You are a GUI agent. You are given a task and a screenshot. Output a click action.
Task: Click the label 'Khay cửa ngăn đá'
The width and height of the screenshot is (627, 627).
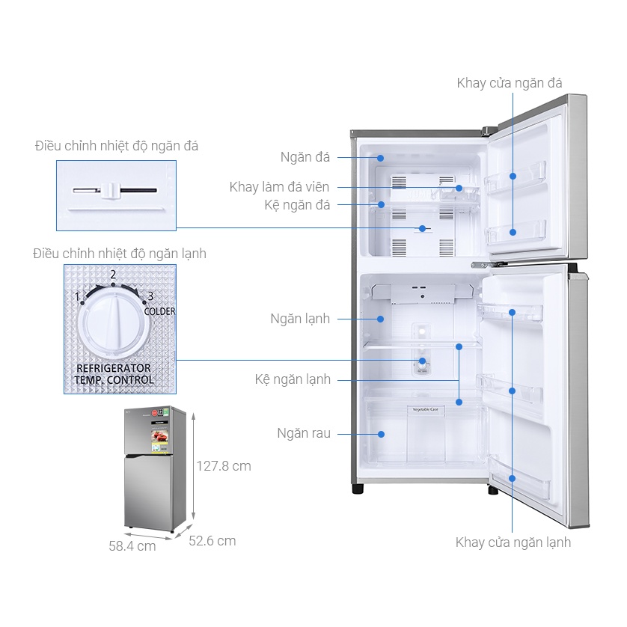pyautogui.click(x=509, y=83)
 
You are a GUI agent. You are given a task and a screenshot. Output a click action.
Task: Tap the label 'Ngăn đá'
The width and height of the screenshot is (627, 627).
pyautogui.click(x=305, y=157)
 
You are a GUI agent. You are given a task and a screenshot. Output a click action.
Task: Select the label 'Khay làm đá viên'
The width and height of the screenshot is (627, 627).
pyautogui.click(x=279, y=187)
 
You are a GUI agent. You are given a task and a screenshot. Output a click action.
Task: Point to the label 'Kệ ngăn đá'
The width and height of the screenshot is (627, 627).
pyautogui.click(x=297, y=204)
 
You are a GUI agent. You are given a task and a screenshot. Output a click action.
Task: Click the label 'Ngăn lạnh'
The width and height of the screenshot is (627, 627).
pyautogui.click(x=300, y=319)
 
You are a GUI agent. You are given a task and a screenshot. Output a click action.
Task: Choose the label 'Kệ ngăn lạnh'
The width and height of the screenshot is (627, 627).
pyautogui.click(x=293, y=379)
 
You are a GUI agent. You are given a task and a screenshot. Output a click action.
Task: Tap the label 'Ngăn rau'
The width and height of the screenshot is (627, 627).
pyautogui.click(x=304, y=433)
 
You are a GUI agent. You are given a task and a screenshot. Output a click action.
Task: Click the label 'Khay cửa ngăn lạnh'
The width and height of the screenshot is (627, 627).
pyautogui.click(x=513, y=542)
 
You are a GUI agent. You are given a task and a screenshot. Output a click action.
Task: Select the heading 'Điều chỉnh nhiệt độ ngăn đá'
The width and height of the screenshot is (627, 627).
pyautogui.click(x=117, y=146)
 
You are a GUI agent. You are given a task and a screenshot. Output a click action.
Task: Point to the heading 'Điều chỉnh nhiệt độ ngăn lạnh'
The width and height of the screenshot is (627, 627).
pyautogui.click(x=120, y=254)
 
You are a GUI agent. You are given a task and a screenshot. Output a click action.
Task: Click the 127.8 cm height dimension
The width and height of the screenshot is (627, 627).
pyautogui.click(x=224, y=466)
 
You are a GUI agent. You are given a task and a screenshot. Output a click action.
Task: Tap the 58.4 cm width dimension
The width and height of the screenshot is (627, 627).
pyautogui.click(x=132, y=546)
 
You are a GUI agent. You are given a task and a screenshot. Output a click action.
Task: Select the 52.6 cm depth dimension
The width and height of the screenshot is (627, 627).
pyautogui.click(x=212, y=540)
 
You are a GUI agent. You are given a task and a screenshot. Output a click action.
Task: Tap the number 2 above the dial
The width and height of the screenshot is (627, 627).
pyautogui.click(x=113, y=275)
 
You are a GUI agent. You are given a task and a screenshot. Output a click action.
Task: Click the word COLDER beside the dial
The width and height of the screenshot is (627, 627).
pyautogui.click(x=159, y=311)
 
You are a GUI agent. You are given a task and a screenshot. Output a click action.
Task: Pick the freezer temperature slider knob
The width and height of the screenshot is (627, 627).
pyautogui.click(x=111, y=190)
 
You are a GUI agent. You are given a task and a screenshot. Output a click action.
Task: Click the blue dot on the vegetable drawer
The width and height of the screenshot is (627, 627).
pyautogui.click(x=381, y=433)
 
